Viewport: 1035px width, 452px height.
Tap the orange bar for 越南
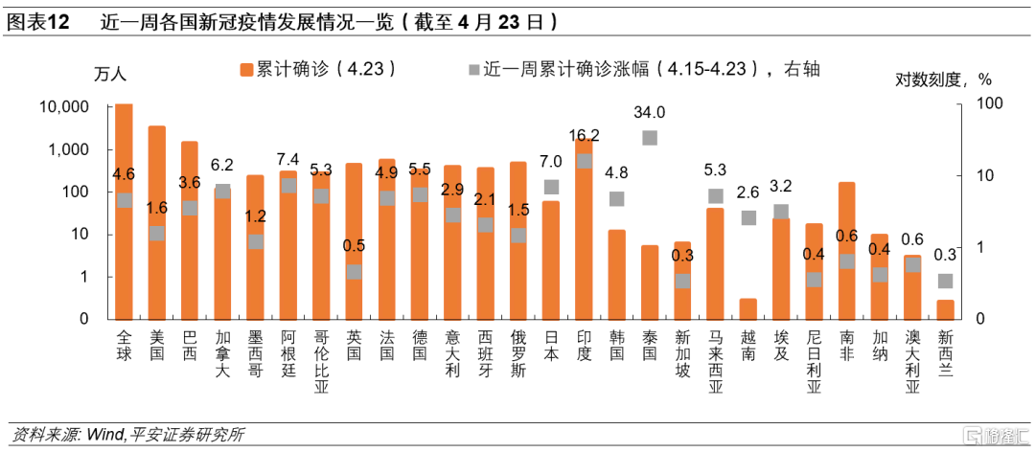coord(747,308)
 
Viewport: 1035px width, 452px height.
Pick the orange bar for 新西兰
coord(945,309)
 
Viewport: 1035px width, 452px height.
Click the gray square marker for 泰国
coord(650,138)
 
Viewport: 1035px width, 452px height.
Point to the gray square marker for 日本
coord(551,187)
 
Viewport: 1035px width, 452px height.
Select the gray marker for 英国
coord(355,271)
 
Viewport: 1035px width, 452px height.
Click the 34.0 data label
coord(650,112)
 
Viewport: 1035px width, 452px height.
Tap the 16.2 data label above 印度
coord(584,135)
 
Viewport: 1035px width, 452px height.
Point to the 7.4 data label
coord(287,159)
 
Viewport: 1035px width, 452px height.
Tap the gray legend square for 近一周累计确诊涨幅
coord(471,69)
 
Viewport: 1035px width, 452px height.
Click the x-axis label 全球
coord(124,345)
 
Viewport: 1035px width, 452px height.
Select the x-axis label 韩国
coord(616,345)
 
